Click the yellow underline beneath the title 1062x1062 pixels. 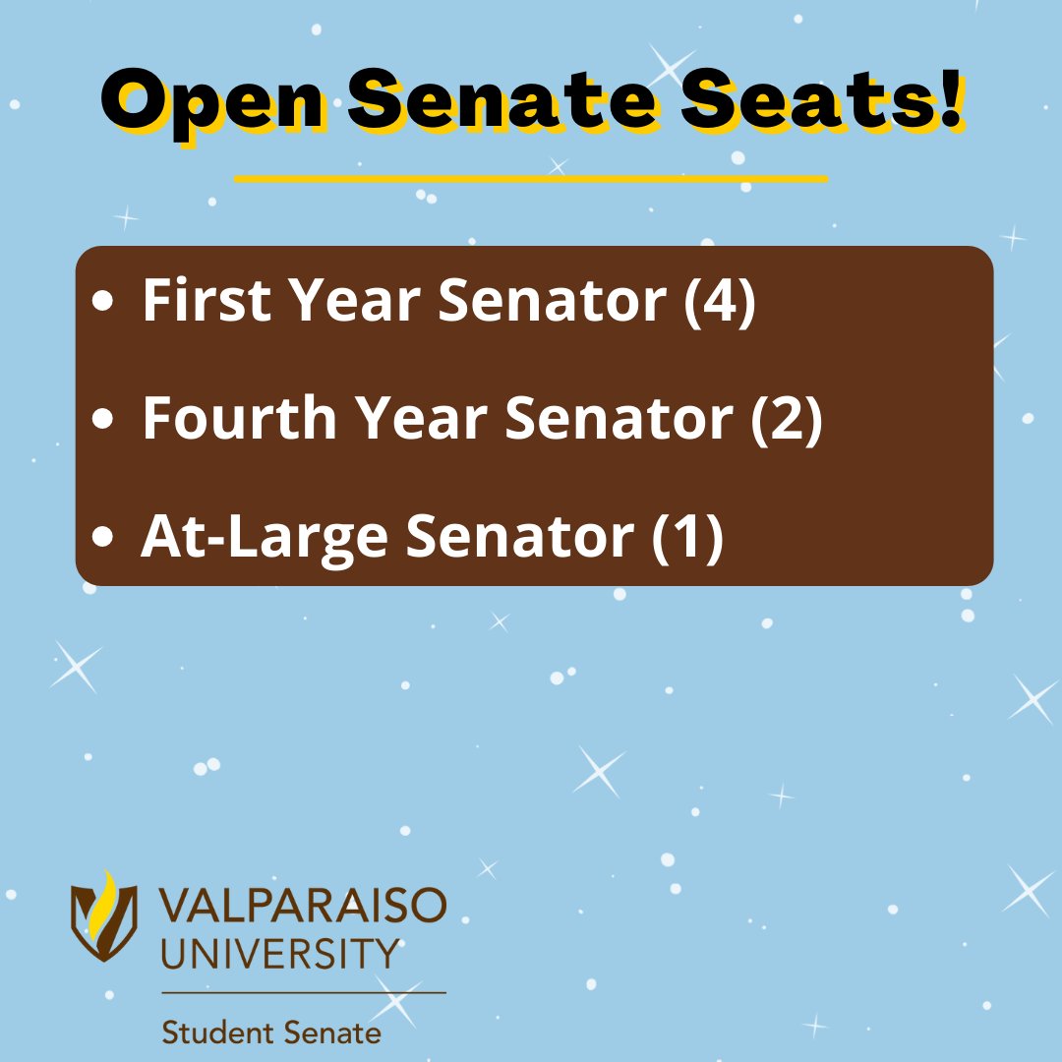[531, 179]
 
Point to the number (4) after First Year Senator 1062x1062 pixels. [721, 300]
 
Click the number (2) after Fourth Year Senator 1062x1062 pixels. [786, 418]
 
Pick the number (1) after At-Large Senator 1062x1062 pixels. [688, 537]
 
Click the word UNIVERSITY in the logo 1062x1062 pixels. [281, 953]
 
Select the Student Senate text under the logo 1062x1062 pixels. [271, 1033]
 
